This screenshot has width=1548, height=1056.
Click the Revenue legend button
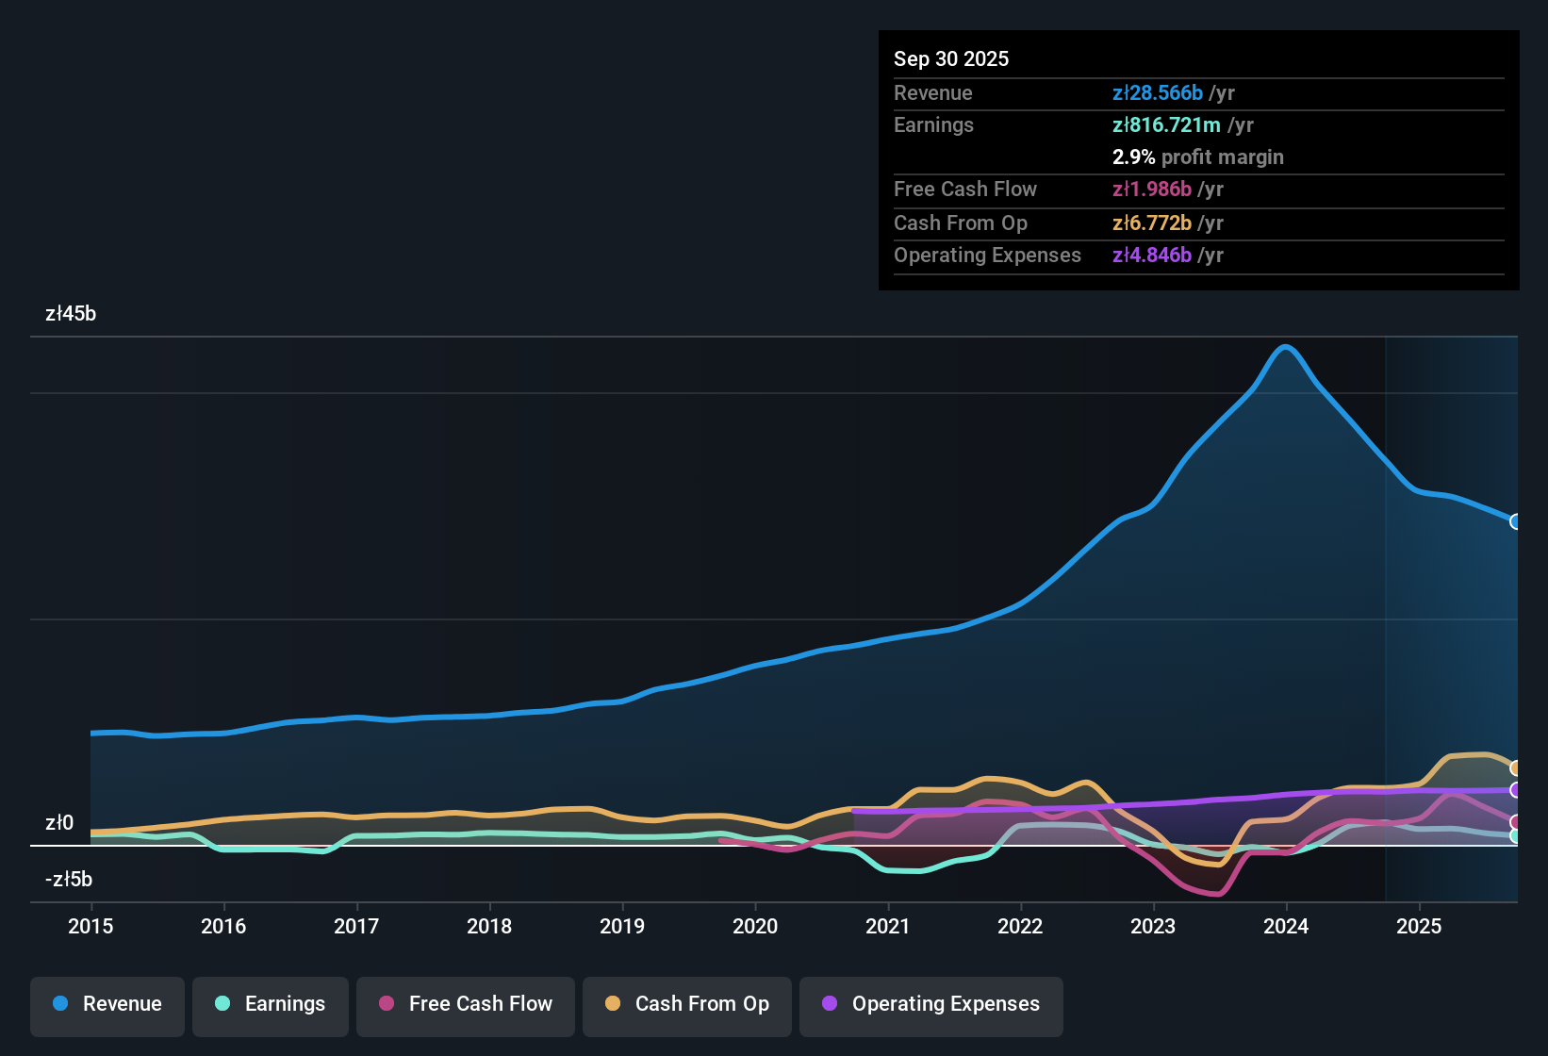[x=107, y=1004]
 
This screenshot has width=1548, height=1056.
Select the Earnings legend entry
[x=271, y=1004]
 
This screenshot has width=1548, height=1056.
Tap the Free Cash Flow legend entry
[x=466, y=1004]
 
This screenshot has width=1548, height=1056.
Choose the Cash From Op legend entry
[x=687, y=1004]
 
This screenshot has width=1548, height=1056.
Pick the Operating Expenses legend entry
[x=931, y=1004]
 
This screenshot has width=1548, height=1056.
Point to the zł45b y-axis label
[x=71, y=314]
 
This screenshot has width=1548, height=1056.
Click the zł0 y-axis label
[x=59, y=823]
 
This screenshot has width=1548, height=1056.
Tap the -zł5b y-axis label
[x=69, y=880]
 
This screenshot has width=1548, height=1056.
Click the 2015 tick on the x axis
[x=91, y=927]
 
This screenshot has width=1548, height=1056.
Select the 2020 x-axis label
[x=755, y=927]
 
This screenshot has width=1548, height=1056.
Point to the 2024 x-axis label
[x=1286, y=927]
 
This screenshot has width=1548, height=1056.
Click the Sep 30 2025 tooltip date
[x=951, y=59]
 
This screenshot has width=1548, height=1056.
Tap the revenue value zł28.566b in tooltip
[x=1158, y=93]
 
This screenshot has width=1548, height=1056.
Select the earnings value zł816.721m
[x=1166, y=125]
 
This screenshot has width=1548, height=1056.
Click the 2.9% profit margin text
[x=1197, y=157]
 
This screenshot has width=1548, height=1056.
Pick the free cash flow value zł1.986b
[x=1152, y=190]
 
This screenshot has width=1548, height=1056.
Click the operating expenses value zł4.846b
[x=1152, y=256]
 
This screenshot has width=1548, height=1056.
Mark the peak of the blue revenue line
[x=1285, y=347]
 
